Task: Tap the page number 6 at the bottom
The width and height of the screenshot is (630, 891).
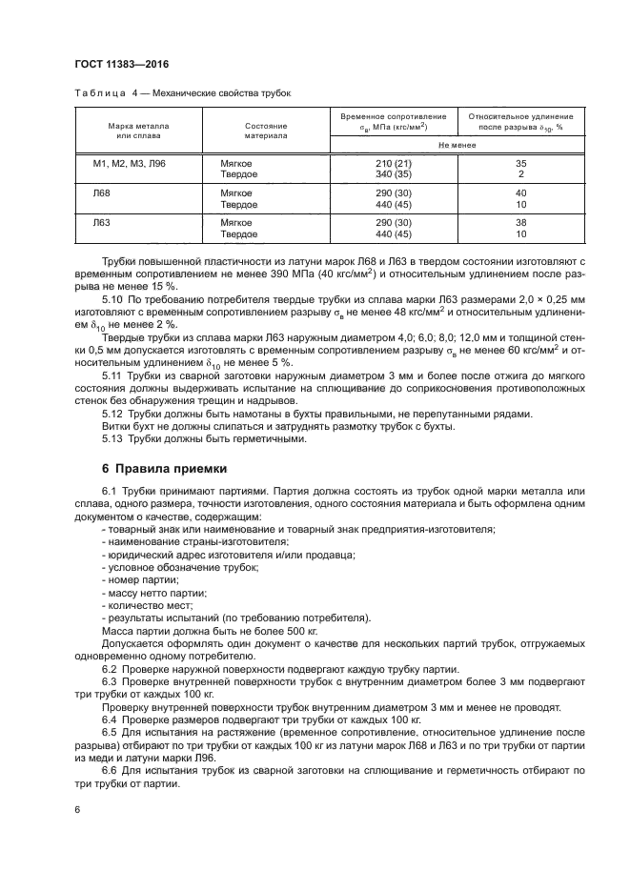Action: pyautogui.click(x=79, y=809)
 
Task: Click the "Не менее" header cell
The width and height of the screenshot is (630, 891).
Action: pyautogui.click(x=457, y=145)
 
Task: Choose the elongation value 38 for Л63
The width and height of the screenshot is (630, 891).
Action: pyautogui.click(x=520, y=222)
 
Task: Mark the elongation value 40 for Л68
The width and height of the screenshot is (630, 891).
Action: pyautogui.click(x=520, y=193)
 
